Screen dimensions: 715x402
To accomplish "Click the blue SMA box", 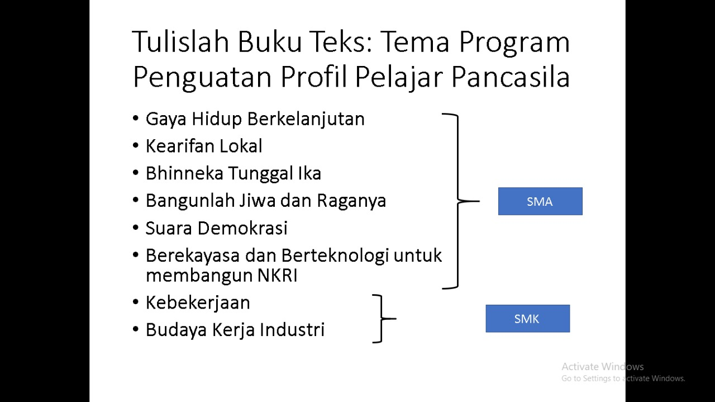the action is coord(540,201).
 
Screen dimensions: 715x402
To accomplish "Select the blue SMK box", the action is coord(527,319).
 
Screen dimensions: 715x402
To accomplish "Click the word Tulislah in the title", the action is coord(179,42).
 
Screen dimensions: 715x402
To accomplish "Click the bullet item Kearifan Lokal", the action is coord(203,146).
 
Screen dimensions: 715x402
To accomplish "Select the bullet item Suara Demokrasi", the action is coord(216,228).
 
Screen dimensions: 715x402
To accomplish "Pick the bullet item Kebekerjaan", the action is coord(197,302).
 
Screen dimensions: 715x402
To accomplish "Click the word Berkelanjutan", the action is coord(306,119).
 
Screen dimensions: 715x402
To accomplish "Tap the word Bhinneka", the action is coord(184,173).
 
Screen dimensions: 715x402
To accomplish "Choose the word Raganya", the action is coord(351,201).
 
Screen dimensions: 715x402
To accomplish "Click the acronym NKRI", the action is coord(277,276).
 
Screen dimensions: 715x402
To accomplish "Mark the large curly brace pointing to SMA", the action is coord(459,201).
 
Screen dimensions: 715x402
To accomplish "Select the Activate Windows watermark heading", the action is coord(602,367).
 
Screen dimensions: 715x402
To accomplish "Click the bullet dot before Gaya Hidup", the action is coord(136,119).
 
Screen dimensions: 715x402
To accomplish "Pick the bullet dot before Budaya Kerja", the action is coord(136,329).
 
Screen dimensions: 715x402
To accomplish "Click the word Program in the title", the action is coord(513,42).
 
